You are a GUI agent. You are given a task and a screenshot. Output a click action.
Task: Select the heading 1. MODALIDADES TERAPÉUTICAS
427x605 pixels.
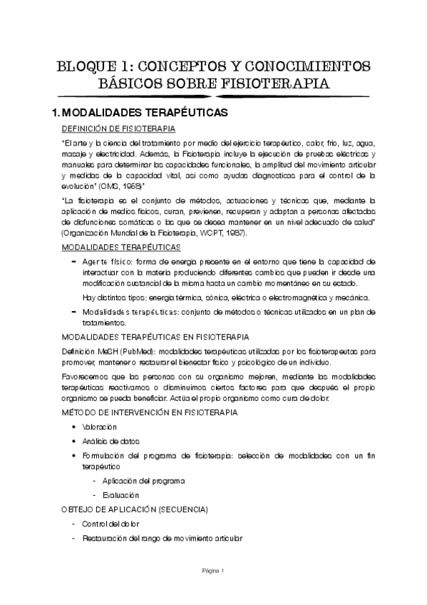pyautogui.click(x=135, y=113)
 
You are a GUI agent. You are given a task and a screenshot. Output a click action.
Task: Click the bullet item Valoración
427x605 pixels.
pyautogui.click(x=100, y=427)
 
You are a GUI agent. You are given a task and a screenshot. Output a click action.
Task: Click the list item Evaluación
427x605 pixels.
pyautogui.click(x=120, y=494)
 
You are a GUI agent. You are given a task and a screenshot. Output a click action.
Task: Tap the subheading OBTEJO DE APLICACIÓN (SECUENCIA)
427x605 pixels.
pyautogui.click(x=135, y=509)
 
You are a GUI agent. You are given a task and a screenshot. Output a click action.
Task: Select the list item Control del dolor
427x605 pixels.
pyautogui.click(x=110, y=524)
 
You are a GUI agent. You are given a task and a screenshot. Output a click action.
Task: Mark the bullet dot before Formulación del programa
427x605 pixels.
pyautogui.click(x=75, y=455)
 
